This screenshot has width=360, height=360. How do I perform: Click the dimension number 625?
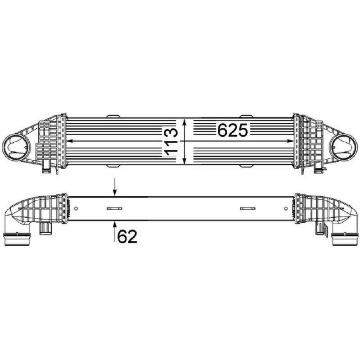(233, 130)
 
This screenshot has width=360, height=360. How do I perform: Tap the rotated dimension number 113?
(171, 141)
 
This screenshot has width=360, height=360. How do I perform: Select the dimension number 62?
(127, 237)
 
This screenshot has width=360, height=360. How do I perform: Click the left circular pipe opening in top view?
(16, 147)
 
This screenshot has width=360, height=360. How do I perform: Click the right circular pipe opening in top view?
(343, 147)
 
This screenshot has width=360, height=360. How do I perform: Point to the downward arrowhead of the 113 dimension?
(184, 161)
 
